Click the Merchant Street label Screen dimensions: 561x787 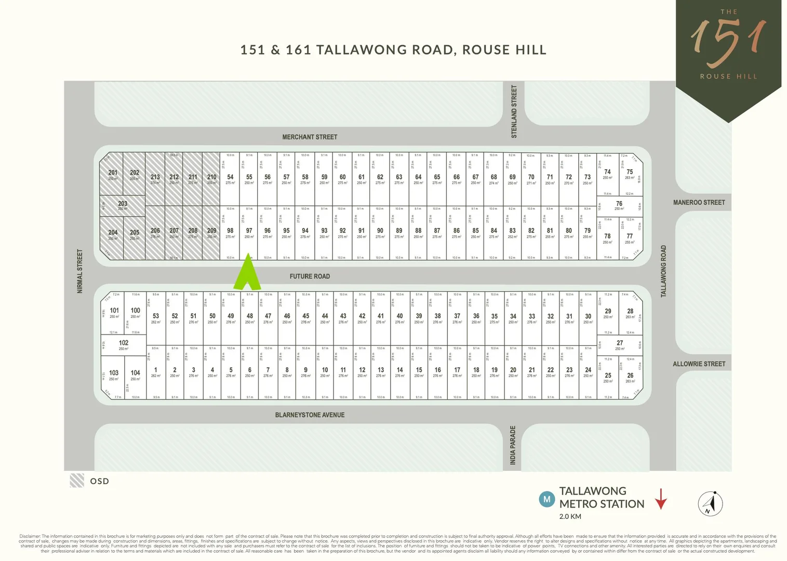click(310, 137)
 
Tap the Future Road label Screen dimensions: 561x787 click(310, 276)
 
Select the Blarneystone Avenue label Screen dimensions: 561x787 click(310, 415)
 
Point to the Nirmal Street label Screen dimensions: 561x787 click(80, 271)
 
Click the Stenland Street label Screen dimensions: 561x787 click(514, 112)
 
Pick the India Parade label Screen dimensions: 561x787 click(513, 445)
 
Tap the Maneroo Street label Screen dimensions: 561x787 click(699, 203)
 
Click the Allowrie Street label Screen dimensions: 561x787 click(699, 364)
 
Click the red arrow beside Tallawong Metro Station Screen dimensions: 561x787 click(661, 499)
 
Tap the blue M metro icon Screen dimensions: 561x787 click(546, 500)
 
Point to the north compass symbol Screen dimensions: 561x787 click(710, 503)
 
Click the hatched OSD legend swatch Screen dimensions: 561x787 click(77, 480)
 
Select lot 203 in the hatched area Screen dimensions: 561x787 click(123, 205)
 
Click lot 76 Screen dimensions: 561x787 click(619, 206)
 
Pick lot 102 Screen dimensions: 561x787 click(124, 344)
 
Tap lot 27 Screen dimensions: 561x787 click(620, 345)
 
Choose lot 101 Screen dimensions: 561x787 click(114, 312)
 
